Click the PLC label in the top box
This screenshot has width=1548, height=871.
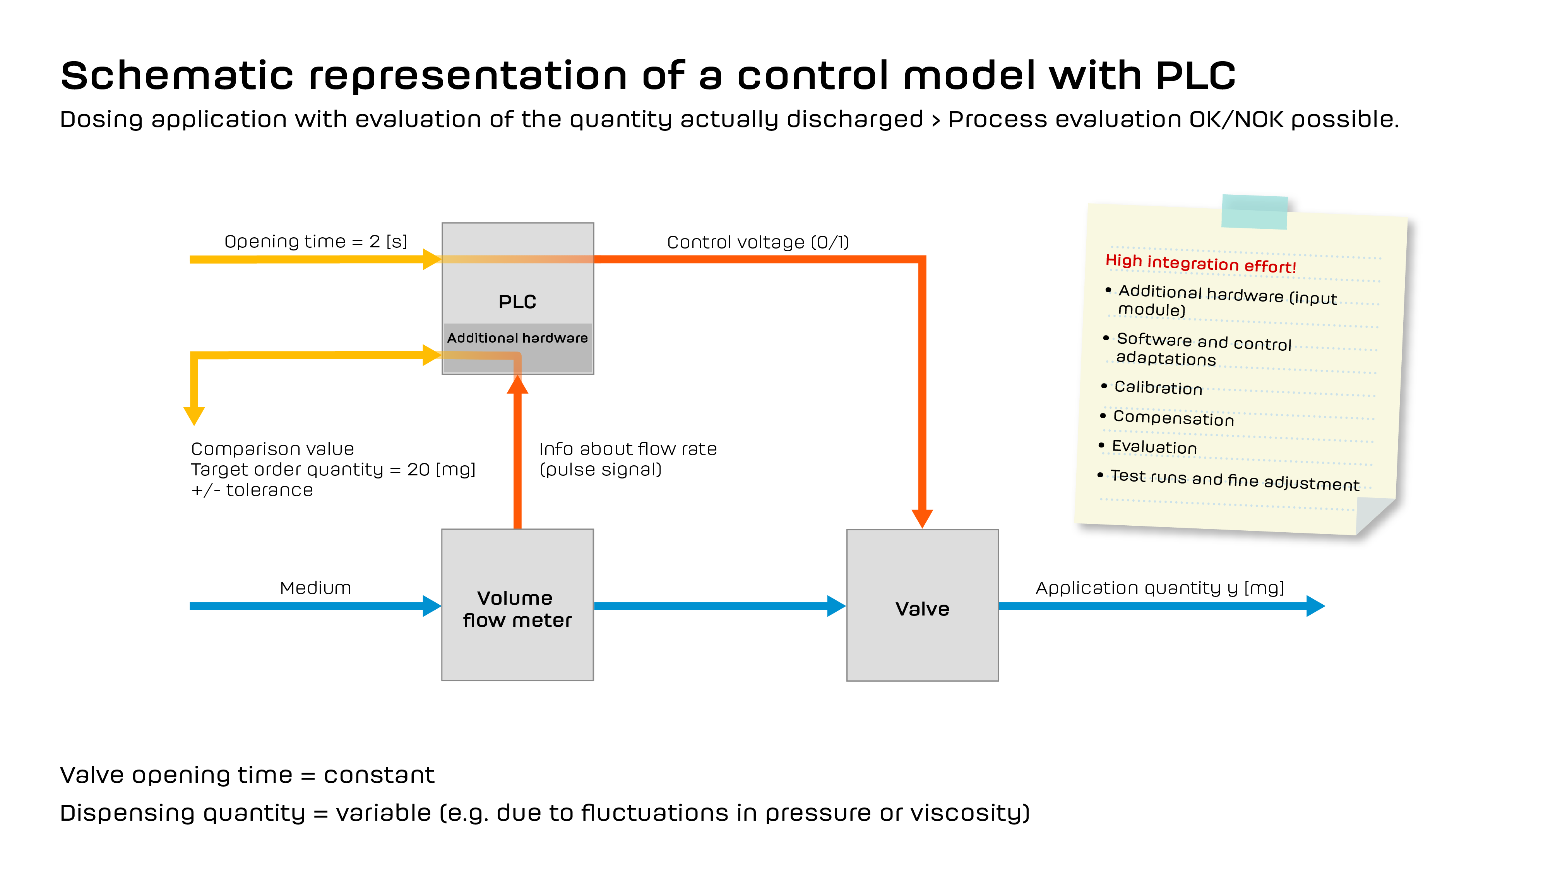517,302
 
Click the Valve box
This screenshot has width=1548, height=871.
922,608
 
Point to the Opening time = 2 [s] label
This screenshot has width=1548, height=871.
315,242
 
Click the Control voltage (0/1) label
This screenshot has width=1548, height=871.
758,242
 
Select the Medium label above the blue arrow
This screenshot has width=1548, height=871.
315,588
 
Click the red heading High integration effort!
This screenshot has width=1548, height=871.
1200,263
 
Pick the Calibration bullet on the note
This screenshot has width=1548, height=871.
1158,388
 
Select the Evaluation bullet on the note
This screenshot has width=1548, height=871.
1154,447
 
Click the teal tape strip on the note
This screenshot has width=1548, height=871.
1254,212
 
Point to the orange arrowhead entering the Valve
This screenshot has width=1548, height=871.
922,518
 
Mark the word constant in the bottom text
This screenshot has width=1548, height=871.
378,775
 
